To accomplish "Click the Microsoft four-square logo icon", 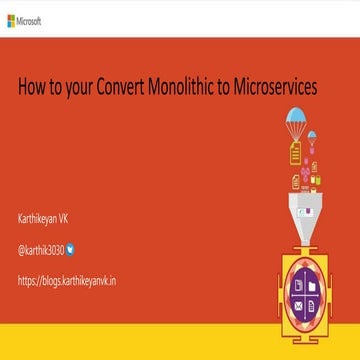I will pos(10,19).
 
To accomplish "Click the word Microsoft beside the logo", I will pos(29,19).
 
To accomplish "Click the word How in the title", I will pos(32,87).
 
